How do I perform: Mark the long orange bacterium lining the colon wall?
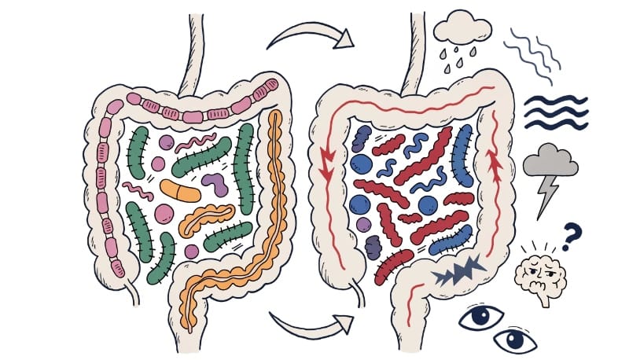tap(274, 197)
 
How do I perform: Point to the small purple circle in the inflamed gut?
tap(362, 225)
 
